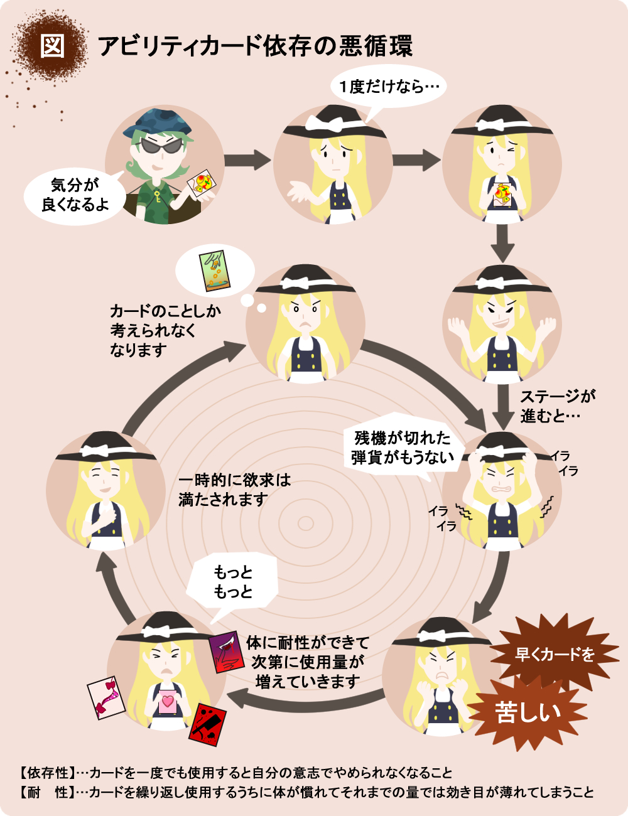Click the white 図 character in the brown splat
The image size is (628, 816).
(x=52, y=46)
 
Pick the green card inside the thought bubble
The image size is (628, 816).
(x=215, y=271)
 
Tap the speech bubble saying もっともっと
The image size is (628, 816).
(x=232, y=581)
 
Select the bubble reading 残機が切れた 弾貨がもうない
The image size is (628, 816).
(x=403, y=447)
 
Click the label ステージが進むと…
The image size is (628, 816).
(x=558, y=407)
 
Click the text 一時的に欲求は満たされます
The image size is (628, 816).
(x=234, y=490)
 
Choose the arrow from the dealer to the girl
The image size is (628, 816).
(x=248, y=160)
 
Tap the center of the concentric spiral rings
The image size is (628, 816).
(x=305, y=523)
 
